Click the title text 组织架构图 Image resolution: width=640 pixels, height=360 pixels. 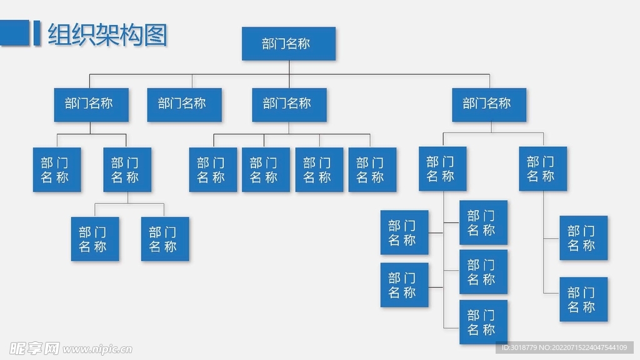tap(107, 35)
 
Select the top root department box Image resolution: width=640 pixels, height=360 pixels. tap(288, 44)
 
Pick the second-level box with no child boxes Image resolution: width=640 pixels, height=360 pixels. tap(184, 104)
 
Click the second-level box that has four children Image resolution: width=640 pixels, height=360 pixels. tap(289, 104)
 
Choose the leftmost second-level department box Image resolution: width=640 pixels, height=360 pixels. tap(90, 104)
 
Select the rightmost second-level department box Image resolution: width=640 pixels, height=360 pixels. tap(489, 104)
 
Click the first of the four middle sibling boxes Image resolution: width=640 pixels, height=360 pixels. tap(213, 169)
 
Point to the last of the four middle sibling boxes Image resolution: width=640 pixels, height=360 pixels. tap(372, 169)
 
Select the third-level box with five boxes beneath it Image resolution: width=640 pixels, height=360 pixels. tap(442, 169)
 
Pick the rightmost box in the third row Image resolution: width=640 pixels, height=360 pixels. tap(542, 169)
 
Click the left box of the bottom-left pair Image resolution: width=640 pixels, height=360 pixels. tap(94, 239)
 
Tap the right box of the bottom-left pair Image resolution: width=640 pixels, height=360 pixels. tap(165, 239)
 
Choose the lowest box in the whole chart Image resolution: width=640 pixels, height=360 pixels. tap(483, 322)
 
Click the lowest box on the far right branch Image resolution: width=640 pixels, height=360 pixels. tap(583, 299)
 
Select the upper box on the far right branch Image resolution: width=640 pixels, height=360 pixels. tap(583, 238)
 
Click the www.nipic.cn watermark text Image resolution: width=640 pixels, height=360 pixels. tap(97, 349)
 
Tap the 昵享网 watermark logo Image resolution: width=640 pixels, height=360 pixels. tap(34, 347)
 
